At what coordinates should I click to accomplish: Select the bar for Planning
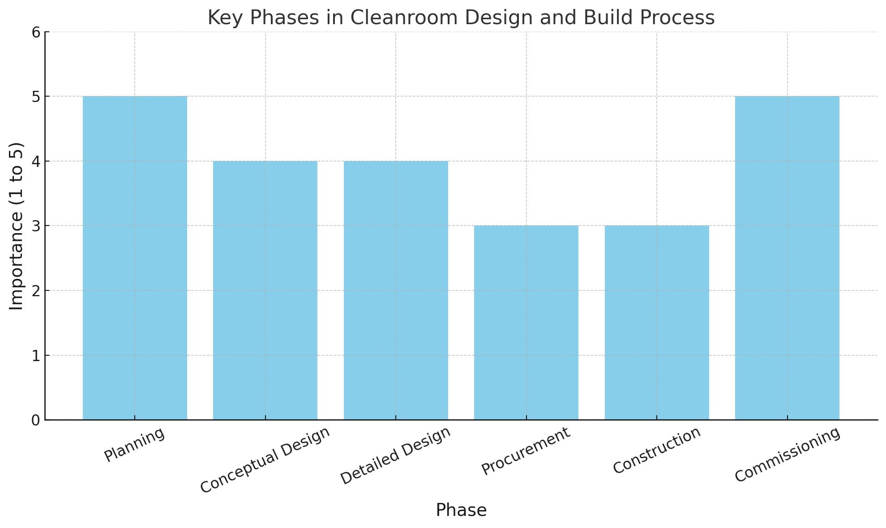135,258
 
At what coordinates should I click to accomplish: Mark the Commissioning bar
787,258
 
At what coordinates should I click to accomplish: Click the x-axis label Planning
134,444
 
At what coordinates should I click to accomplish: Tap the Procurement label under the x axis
526,451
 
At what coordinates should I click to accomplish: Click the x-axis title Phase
461,510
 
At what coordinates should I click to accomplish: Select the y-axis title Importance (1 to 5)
17,226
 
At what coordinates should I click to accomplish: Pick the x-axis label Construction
657,450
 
